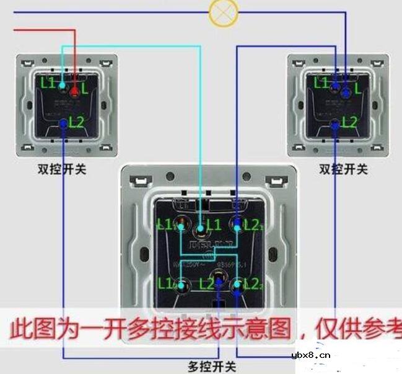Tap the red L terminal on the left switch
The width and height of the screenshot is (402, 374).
[74, 92]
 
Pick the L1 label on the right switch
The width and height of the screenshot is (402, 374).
[321, 81]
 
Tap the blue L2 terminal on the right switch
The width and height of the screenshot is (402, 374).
[335, 125]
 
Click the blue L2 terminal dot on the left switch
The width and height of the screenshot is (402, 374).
[64, 123]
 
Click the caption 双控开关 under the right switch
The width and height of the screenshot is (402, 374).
[343, 169]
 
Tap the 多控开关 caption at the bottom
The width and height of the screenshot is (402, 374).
[212, 367]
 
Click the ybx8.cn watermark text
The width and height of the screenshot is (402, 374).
[310, 356]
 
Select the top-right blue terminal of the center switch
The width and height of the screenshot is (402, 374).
[237, 223]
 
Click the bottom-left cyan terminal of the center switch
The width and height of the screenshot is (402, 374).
[181, 286]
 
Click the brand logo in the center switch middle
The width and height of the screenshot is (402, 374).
[209, 243]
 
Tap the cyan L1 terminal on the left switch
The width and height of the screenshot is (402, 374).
[62, 86]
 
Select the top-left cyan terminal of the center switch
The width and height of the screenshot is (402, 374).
[181, 224]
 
